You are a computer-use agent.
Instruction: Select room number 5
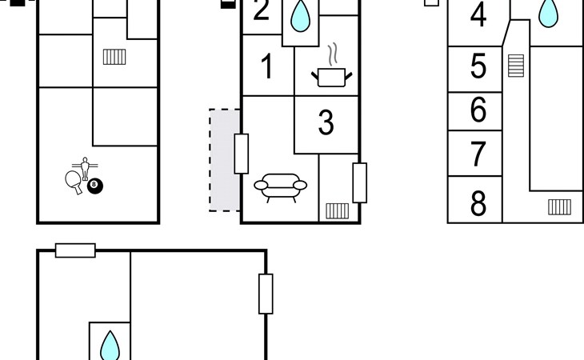478,67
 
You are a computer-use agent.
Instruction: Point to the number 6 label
478,110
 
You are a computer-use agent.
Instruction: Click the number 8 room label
478,204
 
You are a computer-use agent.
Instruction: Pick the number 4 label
478,15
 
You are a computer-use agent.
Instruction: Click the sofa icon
280,186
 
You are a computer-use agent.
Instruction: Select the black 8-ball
96,186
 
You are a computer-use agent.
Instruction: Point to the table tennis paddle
74,180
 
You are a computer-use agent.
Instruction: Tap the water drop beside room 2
300,16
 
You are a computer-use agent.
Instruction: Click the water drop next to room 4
548,12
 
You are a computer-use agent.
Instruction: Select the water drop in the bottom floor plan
110,347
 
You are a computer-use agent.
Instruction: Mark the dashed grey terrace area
225,160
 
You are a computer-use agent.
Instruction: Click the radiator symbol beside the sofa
337,211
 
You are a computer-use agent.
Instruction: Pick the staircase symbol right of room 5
515,65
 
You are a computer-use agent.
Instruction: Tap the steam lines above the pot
337,54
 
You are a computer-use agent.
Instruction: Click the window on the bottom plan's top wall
75,250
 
